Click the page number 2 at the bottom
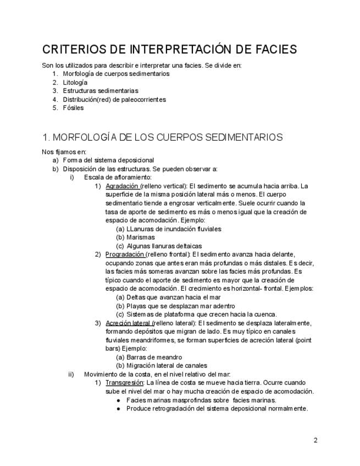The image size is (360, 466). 315,440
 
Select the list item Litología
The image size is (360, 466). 75,82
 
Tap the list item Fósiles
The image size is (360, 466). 73,108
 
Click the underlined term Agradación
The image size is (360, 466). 121,186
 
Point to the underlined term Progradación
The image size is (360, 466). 125,254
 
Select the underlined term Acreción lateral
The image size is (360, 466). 128,323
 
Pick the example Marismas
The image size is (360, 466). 141,237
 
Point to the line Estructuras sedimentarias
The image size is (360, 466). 101,91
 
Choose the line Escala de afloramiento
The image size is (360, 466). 118,177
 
